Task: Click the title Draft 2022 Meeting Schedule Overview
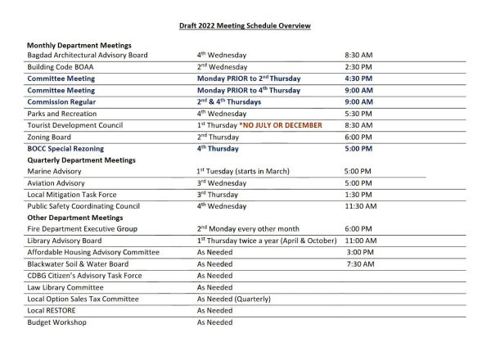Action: [245, 26]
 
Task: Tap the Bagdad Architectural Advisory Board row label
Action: [87, 55]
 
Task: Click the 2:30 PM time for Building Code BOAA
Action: [359, 66]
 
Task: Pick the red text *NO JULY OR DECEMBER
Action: [281, 124]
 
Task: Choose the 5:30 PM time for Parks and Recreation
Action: [359, 113]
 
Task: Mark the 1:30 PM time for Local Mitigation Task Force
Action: [359, 195]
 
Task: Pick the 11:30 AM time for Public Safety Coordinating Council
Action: [361, 206]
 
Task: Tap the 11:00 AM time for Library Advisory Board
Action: [361, 241]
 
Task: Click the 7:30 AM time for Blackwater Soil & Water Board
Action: [360, 264]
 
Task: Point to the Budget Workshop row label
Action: [56, 322]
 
